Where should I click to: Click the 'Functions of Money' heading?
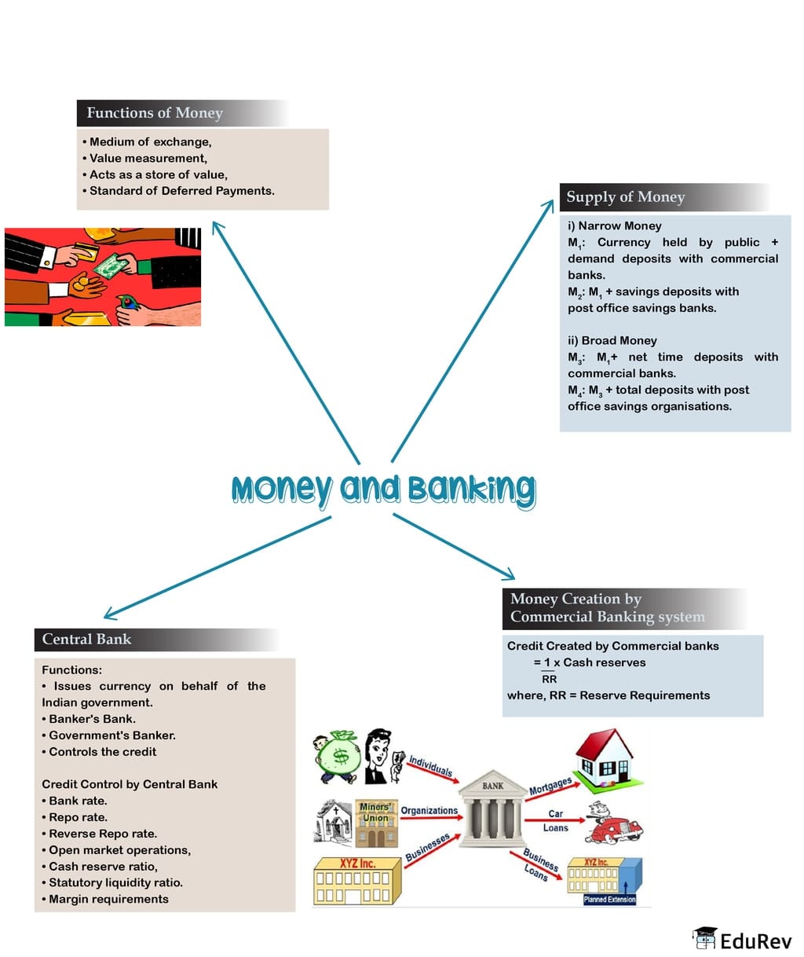pos(155,113)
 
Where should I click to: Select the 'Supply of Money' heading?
pos(626,197)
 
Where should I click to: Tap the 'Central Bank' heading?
pos(86,640)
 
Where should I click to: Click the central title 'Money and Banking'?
pos(383,489)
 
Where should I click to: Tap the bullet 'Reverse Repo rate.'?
pos(102,834)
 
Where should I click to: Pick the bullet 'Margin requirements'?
pos(108,899)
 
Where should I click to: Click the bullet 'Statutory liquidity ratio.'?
pos(115,882)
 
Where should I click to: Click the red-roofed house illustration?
pos(604,753)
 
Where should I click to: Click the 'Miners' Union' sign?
pos(375,812)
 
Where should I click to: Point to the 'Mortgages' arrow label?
pos(550,786)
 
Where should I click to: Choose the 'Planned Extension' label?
pos(609,900)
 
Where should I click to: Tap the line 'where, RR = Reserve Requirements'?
pos(608,695)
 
